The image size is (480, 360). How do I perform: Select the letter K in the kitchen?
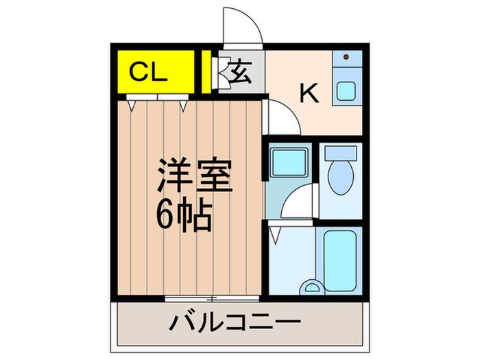pyautogui.click(x=310, y=93)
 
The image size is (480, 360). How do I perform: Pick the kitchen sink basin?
pyautogui.click(x=346, y=90)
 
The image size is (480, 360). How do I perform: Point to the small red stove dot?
pyautogui.click(x=346, y=56)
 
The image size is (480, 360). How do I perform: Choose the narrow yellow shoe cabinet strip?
pyautogui.click(x=206, y=72)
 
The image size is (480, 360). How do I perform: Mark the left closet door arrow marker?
pyautogui.click(x=130, y=104)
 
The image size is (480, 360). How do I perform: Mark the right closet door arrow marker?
pyautogui.click(x=183, y=104)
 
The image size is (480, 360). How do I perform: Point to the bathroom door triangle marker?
pyautogui.click(x=274, y=235)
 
